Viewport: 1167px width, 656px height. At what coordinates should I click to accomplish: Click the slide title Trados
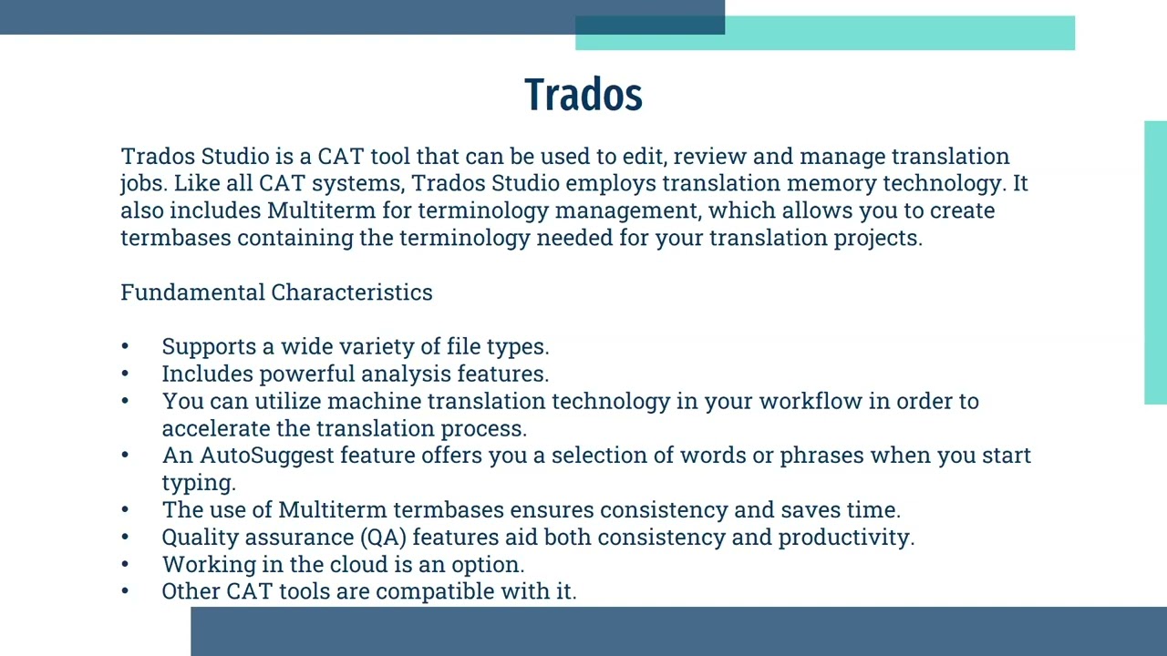click(x=583, y=95)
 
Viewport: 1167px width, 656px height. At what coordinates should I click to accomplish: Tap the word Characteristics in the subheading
click(x=352, y=292)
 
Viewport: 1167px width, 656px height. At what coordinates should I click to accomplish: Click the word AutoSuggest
click(x=267, y=456)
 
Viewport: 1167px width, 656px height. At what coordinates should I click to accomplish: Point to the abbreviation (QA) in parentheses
click(x=383, y=538)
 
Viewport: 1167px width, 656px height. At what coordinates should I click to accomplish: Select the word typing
click(x=198, y=483)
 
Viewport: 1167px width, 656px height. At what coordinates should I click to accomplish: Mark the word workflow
click(x=811, y=402)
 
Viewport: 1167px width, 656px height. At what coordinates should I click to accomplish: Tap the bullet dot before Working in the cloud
click(x=125, y=565)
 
